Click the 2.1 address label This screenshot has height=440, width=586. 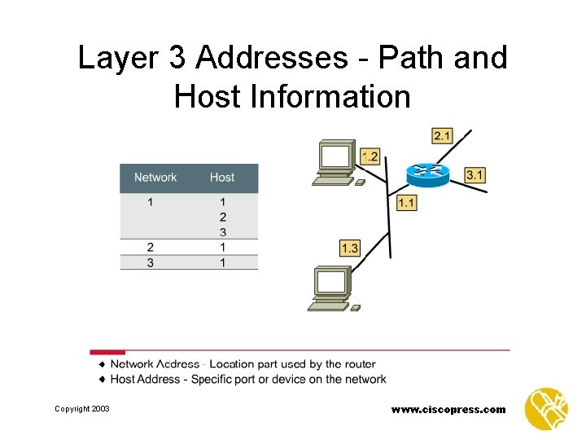pyautogui.click(x=443, y=135)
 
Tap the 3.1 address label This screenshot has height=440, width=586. pyautogui.click(x=475, y=174)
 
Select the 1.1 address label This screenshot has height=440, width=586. pyautogui.click(x=406, y=202)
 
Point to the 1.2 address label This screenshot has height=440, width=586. pyautogui.click(x=370, y=156)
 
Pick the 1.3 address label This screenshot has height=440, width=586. pyautogui.click(x=349, y=249)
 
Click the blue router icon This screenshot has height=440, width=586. pyautogui.click(x=427, y=172)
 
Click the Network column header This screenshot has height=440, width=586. pyautogui.click(x=155, y=177)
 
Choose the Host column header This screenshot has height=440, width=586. pyautogui.click(x=222, y=177)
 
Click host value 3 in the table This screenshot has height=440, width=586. pyautogui.click(x=222, y=232)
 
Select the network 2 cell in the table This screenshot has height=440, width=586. pyautogui.click(x=151, y=247)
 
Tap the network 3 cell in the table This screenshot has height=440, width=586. pyautogui.click(x=151, y=262)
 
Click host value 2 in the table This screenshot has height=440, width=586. pyautogui.click(x=222, y=217)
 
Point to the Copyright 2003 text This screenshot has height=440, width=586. pyautogui.click(x=82, y=408)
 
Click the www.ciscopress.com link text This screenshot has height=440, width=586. pyautogui.click(x=448, y=409)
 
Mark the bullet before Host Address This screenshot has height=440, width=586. pyautogui.click(x=103, y=379)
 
